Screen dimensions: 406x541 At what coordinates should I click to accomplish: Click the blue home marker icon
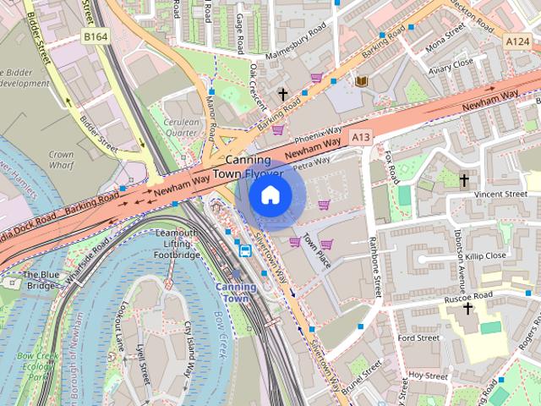tap(270, 195)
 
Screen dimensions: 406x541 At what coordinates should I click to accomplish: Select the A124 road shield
tap(517, 41)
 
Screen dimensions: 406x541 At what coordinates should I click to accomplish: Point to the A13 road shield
tap(361, 136)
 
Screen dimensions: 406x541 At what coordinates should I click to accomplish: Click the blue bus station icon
tap(245, 250)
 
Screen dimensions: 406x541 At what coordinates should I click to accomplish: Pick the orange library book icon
tap(362, 81)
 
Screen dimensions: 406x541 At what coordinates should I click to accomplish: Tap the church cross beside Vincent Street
tap(463, 180)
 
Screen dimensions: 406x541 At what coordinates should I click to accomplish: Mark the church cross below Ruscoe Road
tap(468, 310)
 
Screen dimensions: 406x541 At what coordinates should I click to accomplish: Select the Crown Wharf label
tap(61, 161)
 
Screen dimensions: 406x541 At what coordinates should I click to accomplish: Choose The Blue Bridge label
tap(39, 280)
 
